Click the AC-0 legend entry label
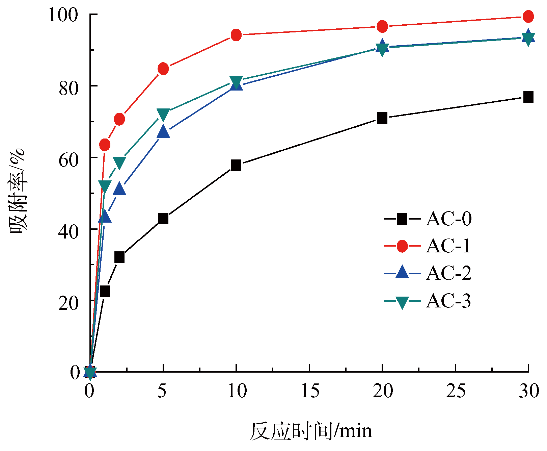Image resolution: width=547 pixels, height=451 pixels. pos(448,219)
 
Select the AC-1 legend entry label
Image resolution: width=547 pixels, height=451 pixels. pos(448,246)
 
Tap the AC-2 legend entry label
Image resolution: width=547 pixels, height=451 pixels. pos(448,273)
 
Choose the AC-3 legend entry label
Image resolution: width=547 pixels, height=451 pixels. pos(448,300)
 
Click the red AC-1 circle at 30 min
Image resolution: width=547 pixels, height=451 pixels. pos(528,16)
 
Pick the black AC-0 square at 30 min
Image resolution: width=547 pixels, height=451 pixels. pos(528,97)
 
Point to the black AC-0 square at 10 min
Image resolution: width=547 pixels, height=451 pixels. pos(236,165)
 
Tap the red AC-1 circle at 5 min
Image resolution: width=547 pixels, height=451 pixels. pos(163,69)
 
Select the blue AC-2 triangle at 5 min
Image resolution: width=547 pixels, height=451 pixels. pos(163,131)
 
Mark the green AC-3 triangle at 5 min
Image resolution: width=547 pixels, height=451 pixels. pos(163,115)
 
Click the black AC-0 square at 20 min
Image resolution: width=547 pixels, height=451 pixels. pos(382,118)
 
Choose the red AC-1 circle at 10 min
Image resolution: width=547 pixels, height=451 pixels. pos(236,35)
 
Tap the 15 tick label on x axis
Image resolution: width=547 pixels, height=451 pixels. pos(309,391)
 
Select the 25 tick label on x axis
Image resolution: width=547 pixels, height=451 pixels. pos(456,391)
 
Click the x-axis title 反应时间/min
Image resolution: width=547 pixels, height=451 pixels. pos(311,431)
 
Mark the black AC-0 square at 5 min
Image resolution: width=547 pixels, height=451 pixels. pos(163,219)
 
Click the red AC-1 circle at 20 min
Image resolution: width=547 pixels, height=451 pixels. pos(382,26)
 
